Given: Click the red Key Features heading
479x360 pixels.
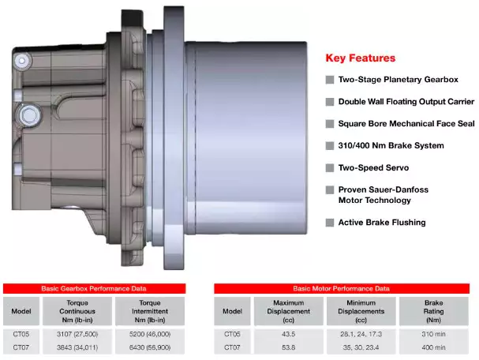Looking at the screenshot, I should (361, 58).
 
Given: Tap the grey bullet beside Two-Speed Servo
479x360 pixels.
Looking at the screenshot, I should (330, 168).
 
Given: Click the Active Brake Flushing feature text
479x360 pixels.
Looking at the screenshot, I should (382, 223).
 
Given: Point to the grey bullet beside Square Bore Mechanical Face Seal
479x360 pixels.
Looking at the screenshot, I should (330, 124).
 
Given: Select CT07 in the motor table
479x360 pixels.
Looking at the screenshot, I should (232, 347).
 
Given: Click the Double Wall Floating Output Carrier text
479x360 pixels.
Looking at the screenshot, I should (406, 102).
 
